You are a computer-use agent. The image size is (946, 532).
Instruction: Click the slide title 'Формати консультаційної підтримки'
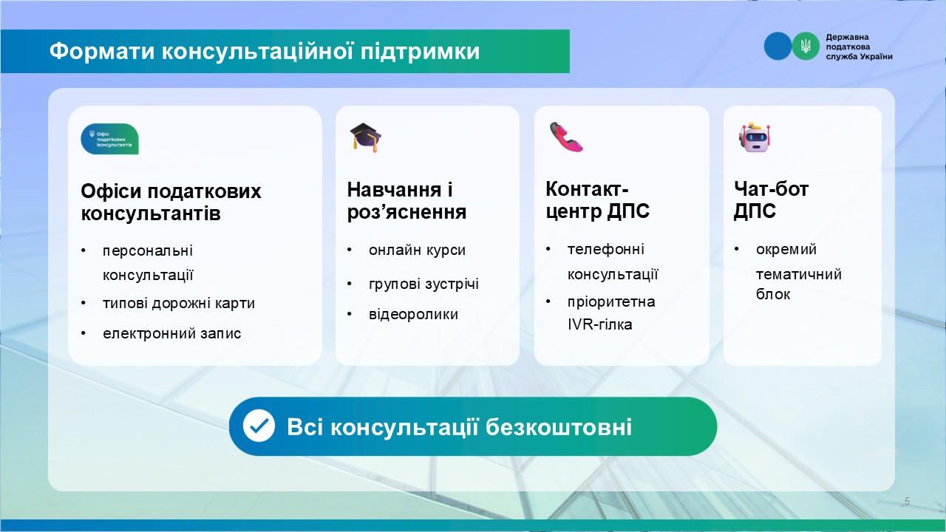(x=265, y=52)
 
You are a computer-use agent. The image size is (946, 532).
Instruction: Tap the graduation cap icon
(x=366, y=137)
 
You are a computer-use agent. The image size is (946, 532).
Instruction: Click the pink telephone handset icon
(x=566, y=137)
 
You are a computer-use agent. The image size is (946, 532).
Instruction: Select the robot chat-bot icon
(x=755, y=137)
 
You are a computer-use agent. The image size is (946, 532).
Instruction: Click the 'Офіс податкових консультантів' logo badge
(x=110, y=139)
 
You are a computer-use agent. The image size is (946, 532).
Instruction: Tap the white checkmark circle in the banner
(x=259, y=426)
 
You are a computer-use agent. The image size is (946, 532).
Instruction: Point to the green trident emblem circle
(x=806, y=46)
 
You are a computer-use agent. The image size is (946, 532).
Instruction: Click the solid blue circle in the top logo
(x=778, y=46)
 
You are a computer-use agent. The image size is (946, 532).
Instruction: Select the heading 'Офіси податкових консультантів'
(x=171, y=202)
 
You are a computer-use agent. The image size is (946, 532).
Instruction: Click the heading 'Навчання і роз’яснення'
(x=406, y=201)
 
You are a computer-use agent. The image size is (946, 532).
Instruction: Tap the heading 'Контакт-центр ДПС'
(x=598, y=200)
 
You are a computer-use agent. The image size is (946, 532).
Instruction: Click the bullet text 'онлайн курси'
(x=418, y=250)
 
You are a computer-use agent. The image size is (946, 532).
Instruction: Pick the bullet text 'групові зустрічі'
(x=423, y=284)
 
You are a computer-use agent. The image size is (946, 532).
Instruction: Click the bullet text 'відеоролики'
(x=413, y=315)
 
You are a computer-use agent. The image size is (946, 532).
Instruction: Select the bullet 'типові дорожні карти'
(x=179, y=304)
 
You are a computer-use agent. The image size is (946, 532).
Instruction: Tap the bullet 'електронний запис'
(x=172, y=333)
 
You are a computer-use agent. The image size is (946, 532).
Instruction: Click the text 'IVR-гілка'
(x=599, y=324)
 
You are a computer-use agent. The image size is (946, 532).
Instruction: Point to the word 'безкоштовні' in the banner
(x=559, y=427)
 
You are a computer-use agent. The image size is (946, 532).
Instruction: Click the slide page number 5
(x=907, y=501)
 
